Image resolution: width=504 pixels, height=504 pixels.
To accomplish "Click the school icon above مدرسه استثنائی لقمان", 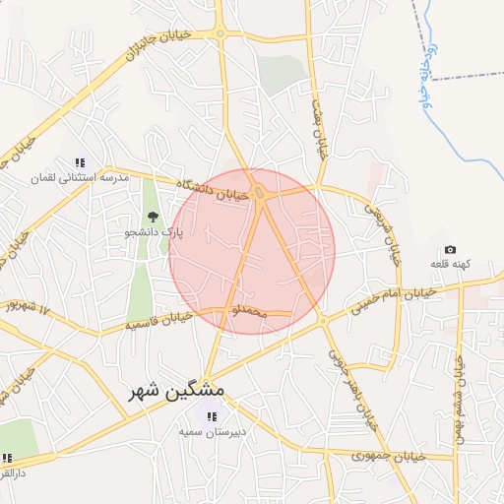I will click(80, 162).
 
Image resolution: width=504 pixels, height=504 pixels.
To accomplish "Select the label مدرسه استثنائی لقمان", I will click(95, 178).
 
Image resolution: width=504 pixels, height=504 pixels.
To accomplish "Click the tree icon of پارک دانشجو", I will click(151, 217).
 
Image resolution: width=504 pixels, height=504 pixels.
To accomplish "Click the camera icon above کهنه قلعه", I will click(451, 250).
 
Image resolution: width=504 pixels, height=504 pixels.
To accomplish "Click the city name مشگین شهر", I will click(177, 392).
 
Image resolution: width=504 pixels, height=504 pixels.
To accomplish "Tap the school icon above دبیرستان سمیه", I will click(212, 416).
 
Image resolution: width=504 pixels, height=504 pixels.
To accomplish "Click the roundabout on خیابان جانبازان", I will click(220, 33).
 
